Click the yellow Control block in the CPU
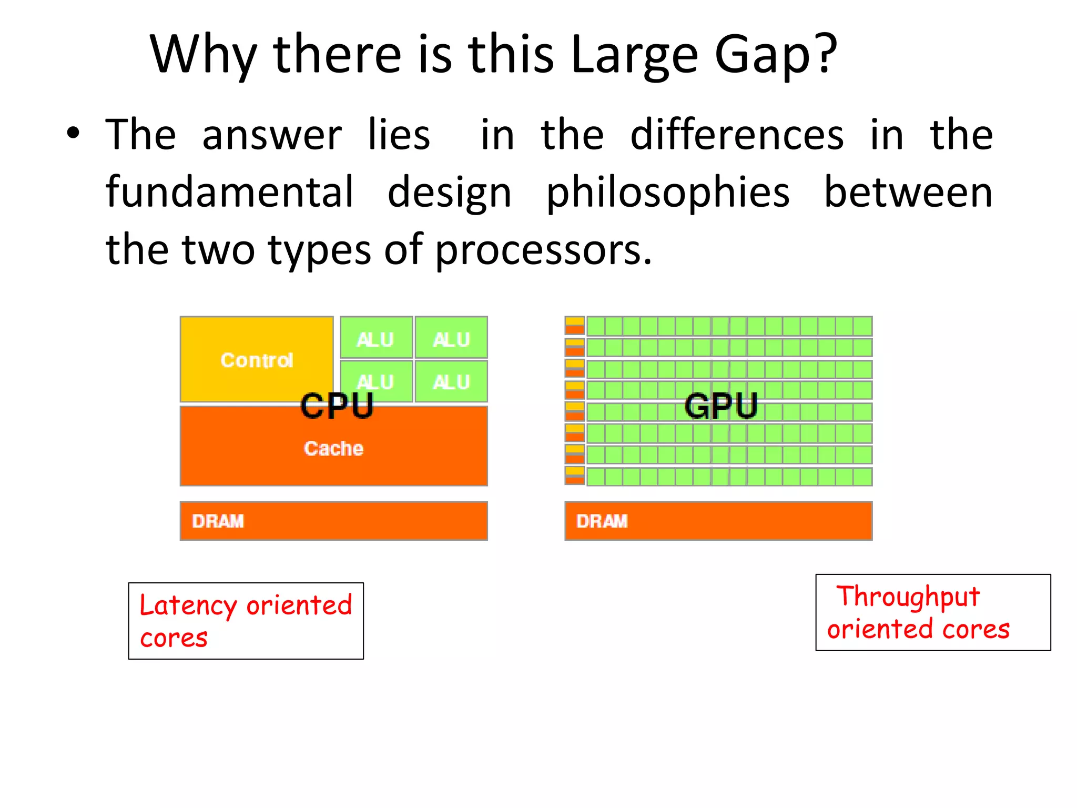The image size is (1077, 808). point(256,360)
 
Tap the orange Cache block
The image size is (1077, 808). point(333,449)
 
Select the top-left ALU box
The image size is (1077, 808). point(375,338)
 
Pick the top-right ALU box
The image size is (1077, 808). point(451,338)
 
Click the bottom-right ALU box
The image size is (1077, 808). point(451,381)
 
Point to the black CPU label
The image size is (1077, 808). point(337,406)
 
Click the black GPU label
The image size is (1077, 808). point(720,406)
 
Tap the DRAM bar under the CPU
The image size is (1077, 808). point(333,521)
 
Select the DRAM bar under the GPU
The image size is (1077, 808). point(718,521)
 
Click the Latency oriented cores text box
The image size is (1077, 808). point(246,621)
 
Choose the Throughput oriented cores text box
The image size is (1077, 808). point(933,612)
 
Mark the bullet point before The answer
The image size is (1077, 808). point(73,133)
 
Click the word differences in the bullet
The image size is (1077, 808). point(737,135)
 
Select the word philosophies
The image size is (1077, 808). point(668,193)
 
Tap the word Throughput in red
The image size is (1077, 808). point(908,597)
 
